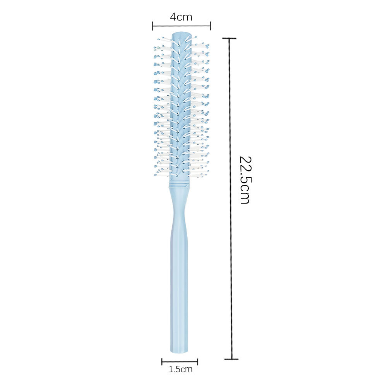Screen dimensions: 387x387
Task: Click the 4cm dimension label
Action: tap(181, 17)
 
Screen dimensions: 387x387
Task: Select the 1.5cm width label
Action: tap(180, 369)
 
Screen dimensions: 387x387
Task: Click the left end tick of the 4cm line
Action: tap(152, 26)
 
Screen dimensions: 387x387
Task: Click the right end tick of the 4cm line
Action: tap(211, 26)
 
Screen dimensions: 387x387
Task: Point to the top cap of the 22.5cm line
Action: tap(229, 38)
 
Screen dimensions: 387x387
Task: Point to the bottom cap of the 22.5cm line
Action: tap(231, 359)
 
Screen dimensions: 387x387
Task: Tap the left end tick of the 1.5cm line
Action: tap(162, 362)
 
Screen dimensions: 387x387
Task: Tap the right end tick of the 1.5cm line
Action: tap(197, 362)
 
